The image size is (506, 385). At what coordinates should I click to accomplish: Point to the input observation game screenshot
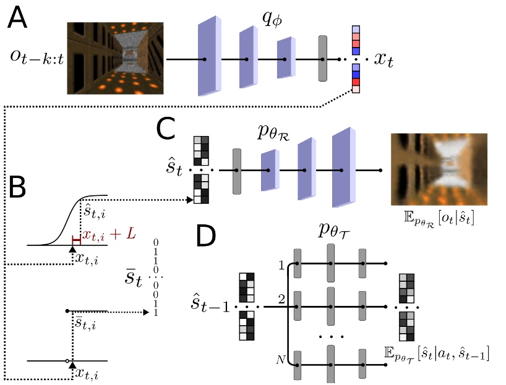coord(115,58)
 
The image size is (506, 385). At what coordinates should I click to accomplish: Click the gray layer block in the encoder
coord(322,59)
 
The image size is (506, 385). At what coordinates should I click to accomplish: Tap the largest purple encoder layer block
coord(208,57)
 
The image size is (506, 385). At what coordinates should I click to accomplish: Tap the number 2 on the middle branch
coord(283,300)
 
